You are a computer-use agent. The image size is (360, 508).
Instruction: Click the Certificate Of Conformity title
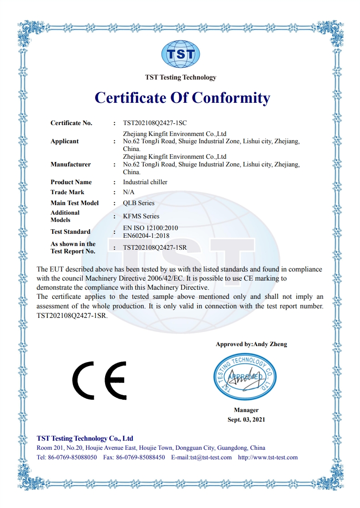[182, 98]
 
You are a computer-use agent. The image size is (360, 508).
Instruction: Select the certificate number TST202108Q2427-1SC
[155, 123]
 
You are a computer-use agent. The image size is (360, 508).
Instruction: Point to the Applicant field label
[65, 141]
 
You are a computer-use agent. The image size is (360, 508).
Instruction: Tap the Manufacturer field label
[71, 165]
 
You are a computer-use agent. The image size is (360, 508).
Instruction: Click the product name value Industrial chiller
[145, 182]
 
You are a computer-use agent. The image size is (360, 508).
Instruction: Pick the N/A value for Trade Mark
[129, 192]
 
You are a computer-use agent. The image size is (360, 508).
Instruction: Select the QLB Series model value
[139, 203]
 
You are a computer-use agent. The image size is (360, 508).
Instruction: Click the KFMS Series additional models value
[141, 216]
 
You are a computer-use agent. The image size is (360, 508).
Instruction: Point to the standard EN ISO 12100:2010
[150, 228]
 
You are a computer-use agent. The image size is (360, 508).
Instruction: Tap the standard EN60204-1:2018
[146, 236]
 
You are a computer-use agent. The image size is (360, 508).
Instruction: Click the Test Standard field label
[71, 232]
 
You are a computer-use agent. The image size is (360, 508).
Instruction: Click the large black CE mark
[99, 380]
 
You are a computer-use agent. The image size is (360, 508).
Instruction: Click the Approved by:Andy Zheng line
[251, 344]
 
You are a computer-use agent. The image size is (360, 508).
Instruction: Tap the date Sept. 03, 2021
[246, 419]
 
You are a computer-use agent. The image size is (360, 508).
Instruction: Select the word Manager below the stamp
[246, 410]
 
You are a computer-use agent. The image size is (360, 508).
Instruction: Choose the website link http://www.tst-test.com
[268, 458]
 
